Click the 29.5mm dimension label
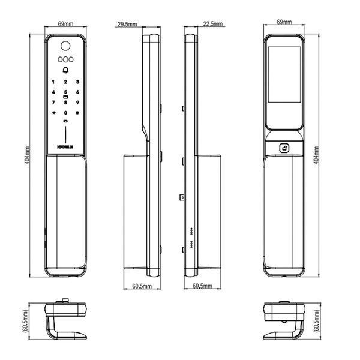click(127, 24)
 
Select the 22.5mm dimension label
click(213, 24)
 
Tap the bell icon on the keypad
click(65, 70)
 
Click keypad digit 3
click(77, 82)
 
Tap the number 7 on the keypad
click(53, 103)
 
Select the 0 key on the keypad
click(65, 113)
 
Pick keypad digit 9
click(77, 103)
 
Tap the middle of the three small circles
click(65, 59)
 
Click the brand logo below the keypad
click(65, 145)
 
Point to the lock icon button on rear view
click(285, 148)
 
